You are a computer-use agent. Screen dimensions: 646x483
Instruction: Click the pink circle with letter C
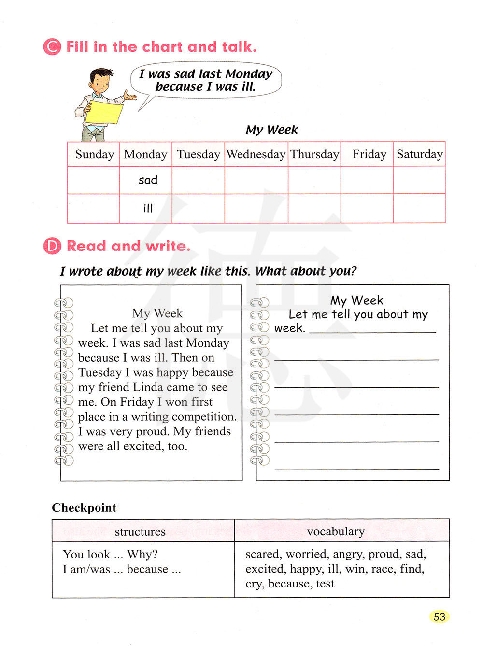tap(52, 47)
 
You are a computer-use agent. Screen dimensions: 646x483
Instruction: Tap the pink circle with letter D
tap(52, 246)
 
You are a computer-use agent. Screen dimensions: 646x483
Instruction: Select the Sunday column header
tap(94, 154)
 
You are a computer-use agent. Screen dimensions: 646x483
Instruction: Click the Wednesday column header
tap(256, 154)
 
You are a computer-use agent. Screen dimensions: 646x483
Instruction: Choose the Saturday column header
tap(419, 154)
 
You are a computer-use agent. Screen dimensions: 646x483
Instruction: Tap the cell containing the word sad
tap(146, 180)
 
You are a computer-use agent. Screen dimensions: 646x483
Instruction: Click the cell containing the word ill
tap(146, 208)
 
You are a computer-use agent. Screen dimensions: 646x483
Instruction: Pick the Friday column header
tap(369, 154)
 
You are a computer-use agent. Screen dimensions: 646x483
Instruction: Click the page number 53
tap(439, 617)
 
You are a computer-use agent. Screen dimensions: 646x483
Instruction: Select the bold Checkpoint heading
tap(84, 508)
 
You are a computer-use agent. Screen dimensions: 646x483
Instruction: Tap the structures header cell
tap(140, 532)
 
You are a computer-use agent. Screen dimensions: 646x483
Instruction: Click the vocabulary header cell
tap(336, 531)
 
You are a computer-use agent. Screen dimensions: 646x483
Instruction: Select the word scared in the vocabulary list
tap(262, 554)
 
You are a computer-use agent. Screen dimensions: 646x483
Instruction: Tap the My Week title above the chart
tap(271, 130)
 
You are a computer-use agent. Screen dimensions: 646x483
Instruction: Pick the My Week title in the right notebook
tap(356, 300)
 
